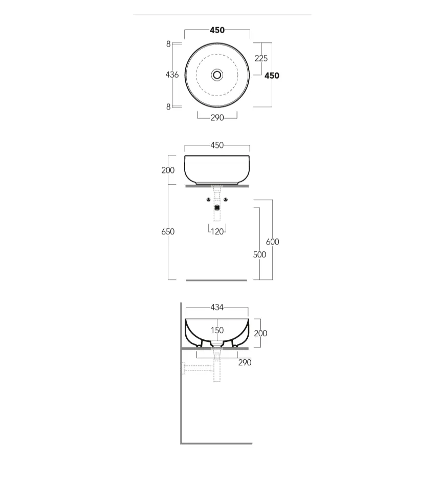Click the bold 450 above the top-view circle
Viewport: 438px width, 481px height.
click(x=217, y=30)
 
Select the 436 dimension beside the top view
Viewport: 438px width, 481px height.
click(x=172, y=75)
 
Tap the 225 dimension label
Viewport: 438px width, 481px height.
click(x=261, y=58)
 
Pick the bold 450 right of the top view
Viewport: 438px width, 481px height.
click(x=272, y=76)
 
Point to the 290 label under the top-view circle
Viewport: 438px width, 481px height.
click(x=217, y=118)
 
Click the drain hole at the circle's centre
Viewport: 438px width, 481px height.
click(x=217, y=75)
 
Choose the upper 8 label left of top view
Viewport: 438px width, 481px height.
click(x=168, y=44)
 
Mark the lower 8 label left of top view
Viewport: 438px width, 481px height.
click(x=168, y=107)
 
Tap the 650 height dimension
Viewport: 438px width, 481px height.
click(x=168, y=231)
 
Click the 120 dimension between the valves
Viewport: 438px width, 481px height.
click(x=217, y=231)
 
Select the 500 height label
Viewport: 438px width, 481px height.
click(x=259, y=254)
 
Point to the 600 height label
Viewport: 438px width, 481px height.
click(x=273, y=242)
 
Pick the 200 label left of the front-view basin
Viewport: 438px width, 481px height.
click(x=168, y=170)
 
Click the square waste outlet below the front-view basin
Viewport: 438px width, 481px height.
click(x=217, y=208)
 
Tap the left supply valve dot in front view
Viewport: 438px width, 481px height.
click(x=209, y=200)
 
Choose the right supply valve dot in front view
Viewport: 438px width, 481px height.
click(x=226, y=200)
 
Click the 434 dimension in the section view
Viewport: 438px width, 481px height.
click(x=217, y=308)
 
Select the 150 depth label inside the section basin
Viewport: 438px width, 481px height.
click(x=217, y=331)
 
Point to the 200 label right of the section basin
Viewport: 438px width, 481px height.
click(x=260, y=333)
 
